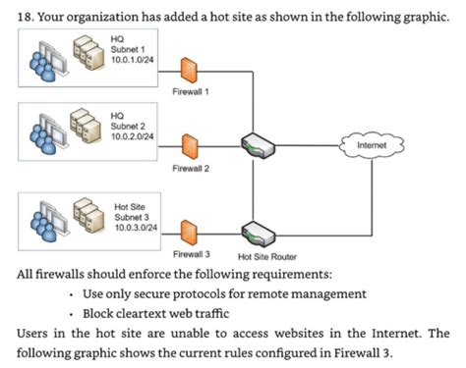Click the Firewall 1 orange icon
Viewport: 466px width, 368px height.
pyautogui.click(x=190, y=68)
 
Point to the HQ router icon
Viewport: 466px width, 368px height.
pyautogui.click(x=259, y=145)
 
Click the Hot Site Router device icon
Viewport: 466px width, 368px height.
pyautogui.click(x=259, y=234)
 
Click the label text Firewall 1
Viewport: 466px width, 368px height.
pyautogui.click(x=190, y=93)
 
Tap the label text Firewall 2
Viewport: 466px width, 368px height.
pyautogui.click(x=190, y=170)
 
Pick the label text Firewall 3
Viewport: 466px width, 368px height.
pyautogui.click(x=190, y=253)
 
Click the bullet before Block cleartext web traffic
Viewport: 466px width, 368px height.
pyautogui.click(x=75, y=313)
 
